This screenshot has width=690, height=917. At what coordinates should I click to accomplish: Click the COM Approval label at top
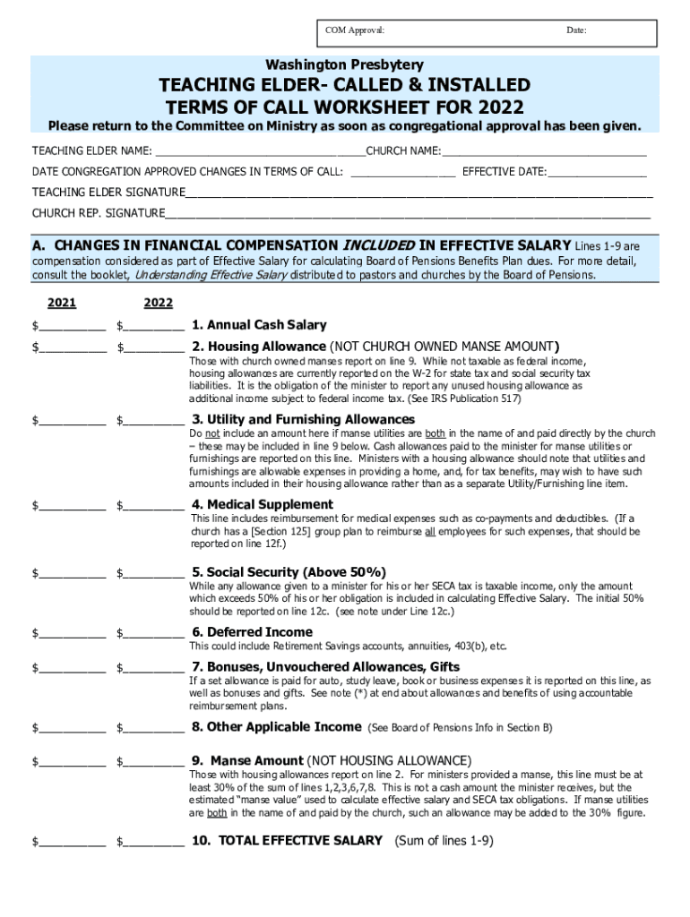pyautogui.click(x=355, y=31)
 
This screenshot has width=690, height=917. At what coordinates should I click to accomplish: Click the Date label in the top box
pyautogui.click(x=576, y=31)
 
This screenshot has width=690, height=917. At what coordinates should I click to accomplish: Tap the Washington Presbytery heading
pyautogui.click(x=344, y=65)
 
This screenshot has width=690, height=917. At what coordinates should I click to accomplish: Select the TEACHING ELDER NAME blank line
pyautogui.click(x=259, y=150)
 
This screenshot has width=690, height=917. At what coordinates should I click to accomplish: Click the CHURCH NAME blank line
pyautogui.click(x=544, y=150)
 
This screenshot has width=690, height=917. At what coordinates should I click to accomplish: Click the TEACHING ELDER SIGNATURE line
pyautogui.click(x=418, y=193)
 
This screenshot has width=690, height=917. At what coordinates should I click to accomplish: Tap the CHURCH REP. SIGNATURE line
pyautogui.click(x=408, y=214)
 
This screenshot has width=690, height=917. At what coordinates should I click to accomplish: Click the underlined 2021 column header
pyautogui.click(x=62, y=303)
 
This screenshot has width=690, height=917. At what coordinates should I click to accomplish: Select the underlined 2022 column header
pyautogui.click(x=158, y=303)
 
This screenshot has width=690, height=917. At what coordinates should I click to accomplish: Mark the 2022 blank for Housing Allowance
pyautogui.click(x=153, y=347)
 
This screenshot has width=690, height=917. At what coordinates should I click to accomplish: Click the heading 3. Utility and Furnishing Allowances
pyautogui.click(x=303, y=419)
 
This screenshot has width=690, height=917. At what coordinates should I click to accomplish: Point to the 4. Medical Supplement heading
pyautogui.click(x=263, y=504)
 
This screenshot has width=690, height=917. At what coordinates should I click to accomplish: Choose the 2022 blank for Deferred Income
pyautogui.click(x=153, y=633)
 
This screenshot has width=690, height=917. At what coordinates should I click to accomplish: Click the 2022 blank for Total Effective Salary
pyautogui.click(x=153, y=842)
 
